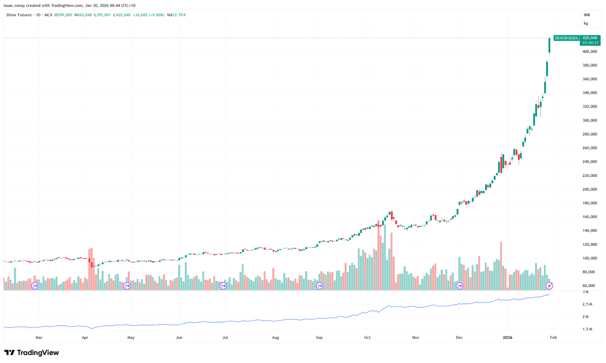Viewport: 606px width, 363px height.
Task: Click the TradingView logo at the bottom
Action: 32,353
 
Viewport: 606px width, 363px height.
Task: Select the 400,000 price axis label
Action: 589,51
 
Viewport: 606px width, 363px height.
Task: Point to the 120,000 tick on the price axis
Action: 589,244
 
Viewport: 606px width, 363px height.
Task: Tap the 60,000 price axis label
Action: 589,286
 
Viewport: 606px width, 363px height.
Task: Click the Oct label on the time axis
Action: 367,337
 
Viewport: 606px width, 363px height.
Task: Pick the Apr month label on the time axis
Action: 85,337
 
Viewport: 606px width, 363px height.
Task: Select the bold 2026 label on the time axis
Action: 508,337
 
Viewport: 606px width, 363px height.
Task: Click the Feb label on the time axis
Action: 553,337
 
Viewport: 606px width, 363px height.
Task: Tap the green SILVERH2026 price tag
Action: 566,38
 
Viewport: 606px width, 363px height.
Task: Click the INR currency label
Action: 586,15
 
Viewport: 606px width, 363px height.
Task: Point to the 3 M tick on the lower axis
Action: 585,292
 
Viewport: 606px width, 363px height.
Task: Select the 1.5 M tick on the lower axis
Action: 587,330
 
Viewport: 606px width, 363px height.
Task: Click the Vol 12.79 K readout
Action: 176,15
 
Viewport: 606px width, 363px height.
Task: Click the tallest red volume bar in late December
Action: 501,265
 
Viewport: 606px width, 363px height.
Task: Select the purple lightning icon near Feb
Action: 550,286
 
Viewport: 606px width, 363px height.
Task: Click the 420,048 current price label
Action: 590,38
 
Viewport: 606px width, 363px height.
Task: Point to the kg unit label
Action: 585,23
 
